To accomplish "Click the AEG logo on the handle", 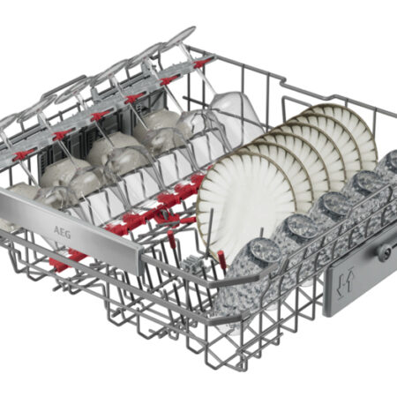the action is pyautogui.click(x=62, y=232).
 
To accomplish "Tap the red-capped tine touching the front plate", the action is pyautogui.click(x=221, y=259).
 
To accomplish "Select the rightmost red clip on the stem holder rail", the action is pyautogui.click(x=204, y=63).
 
